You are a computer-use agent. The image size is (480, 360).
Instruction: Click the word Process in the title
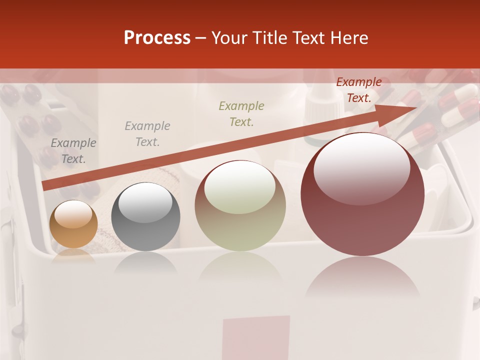tap(157, 38)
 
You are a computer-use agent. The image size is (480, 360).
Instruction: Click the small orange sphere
tap(74, 224)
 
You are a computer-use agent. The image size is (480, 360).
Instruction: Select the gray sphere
tap(145, 217)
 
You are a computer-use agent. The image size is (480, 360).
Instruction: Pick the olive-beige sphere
tap(240, 205)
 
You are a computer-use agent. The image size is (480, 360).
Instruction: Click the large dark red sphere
tap(362, 194)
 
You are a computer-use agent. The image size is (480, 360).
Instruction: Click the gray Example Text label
tap(147, 134)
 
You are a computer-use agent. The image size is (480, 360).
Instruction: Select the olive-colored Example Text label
tap(241, 113)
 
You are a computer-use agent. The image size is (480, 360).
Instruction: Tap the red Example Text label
tap(359, 90)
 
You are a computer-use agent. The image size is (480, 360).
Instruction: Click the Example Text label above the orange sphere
tap(73, 151)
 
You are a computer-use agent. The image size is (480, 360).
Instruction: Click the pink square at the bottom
tap(256, 337)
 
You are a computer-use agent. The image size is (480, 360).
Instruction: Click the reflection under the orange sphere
tap(74, 254)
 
